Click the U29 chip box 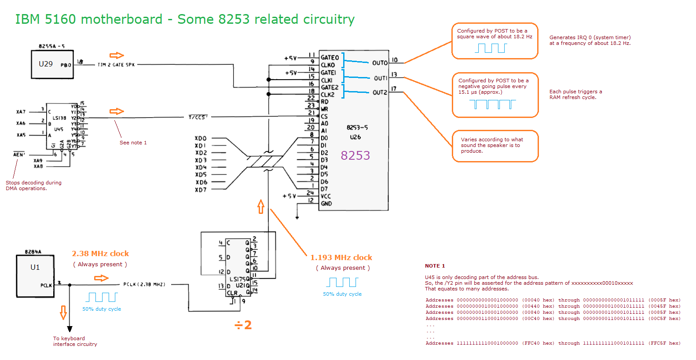click(52, 64)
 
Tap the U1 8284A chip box click(35, 276)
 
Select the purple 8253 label click(355, 155)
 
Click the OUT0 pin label click(380, 63)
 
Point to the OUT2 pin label click(380, 92)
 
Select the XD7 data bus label click(201, 190)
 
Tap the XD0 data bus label click(201, 138)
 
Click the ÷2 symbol click(243, 325)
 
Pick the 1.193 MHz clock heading click(341, 257)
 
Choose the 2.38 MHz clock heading click(100, 253)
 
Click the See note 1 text click(133, 143)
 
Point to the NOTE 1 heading click(435, 266)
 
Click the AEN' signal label click(19, 154)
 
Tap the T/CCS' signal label click(198, 117)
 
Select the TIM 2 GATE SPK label click(116, 65)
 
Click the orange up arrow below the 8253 click(261, 206)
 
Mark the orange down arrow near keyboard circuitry click(63, 312)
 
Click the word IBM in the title click(27, 19)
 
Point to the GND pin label click(326, 204)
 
